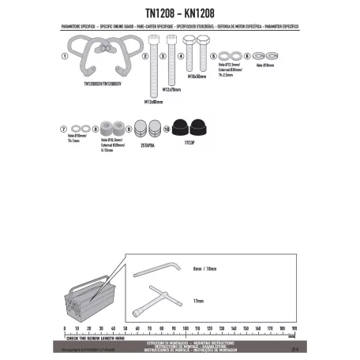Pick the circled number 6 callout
tap(247, 56)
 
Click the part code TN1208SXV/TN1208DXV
tap(100, 84)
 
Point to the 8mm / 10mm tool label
tap(204, 269)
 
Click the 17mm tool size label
tap(198, 301)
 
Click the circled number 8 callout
tap(96, 127)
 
